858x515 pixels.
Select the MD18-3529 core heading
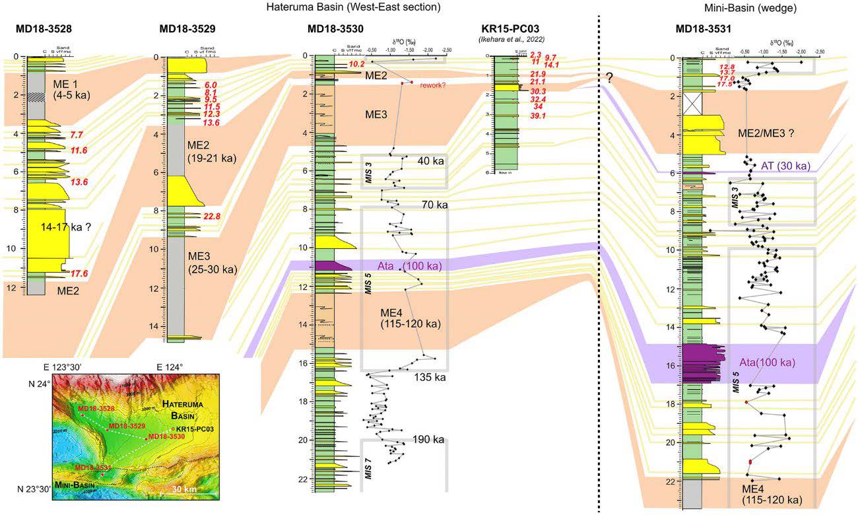[x=187, y=29]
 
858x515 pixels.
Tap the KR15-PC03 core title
[x=510, y=29]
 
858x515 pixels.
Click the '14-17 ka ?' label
[x=61, y=226]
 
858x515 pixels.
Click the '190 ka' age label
[x=428, y=440]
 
